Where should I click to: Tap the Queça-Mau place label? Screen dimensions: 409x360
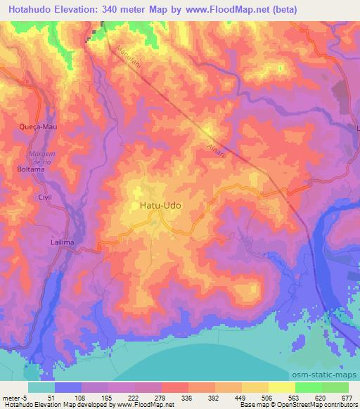pos(35,126)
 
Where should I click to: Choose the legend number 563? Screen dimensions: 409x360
pos(295,397)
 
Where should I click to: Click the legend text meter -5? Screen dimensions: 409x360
pos(14,397)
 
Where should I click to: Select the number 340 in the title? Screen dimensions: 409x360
pos(112,10)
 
